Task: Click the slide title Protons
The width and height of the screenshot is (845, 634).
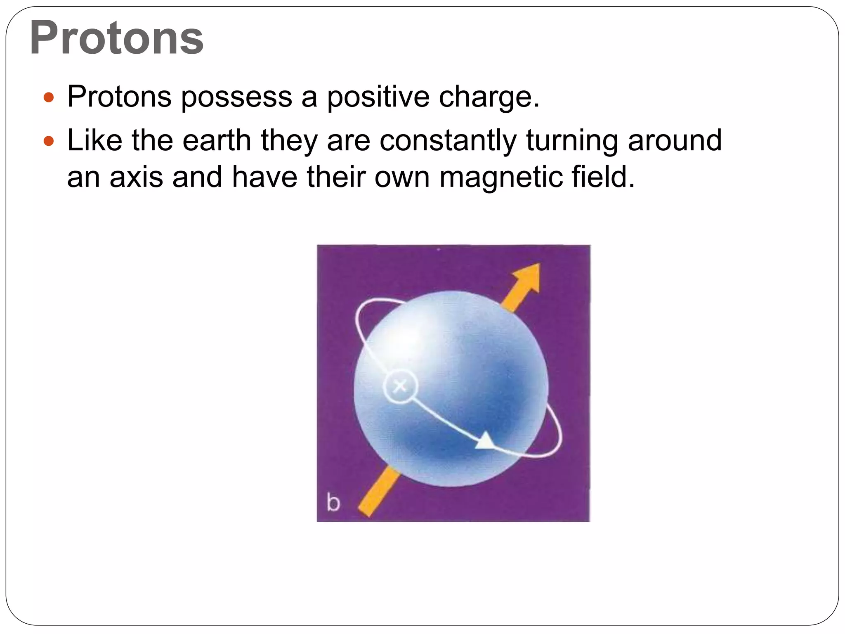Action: [x=117, y=38]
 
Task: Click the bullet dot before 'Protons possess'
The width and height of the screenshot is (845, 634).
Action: [x=49, y=97]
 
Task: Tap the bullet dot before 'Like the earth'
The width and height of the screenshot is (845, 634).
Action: [x=49, y=141]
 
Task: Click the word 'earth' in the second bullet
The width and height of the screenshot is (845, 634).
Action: [x=217, y=140]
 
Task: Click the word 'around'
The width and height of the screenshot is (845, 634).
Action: [x=675, y=140]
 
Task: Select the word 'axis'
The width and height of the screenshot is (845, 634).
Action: [x=136, y=177]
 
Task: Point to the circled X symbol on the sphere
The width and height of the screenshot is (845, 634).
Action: [x=400, y=386]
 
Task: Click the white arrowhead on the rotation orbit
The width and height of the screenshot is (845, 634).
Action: [x=486, y=441]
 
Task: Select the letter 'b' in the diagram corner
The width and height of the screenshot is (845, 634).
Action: [x=333, y=502]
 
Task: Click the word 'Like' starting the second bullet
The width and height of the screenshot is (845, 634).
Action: [x=94, y=140]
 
